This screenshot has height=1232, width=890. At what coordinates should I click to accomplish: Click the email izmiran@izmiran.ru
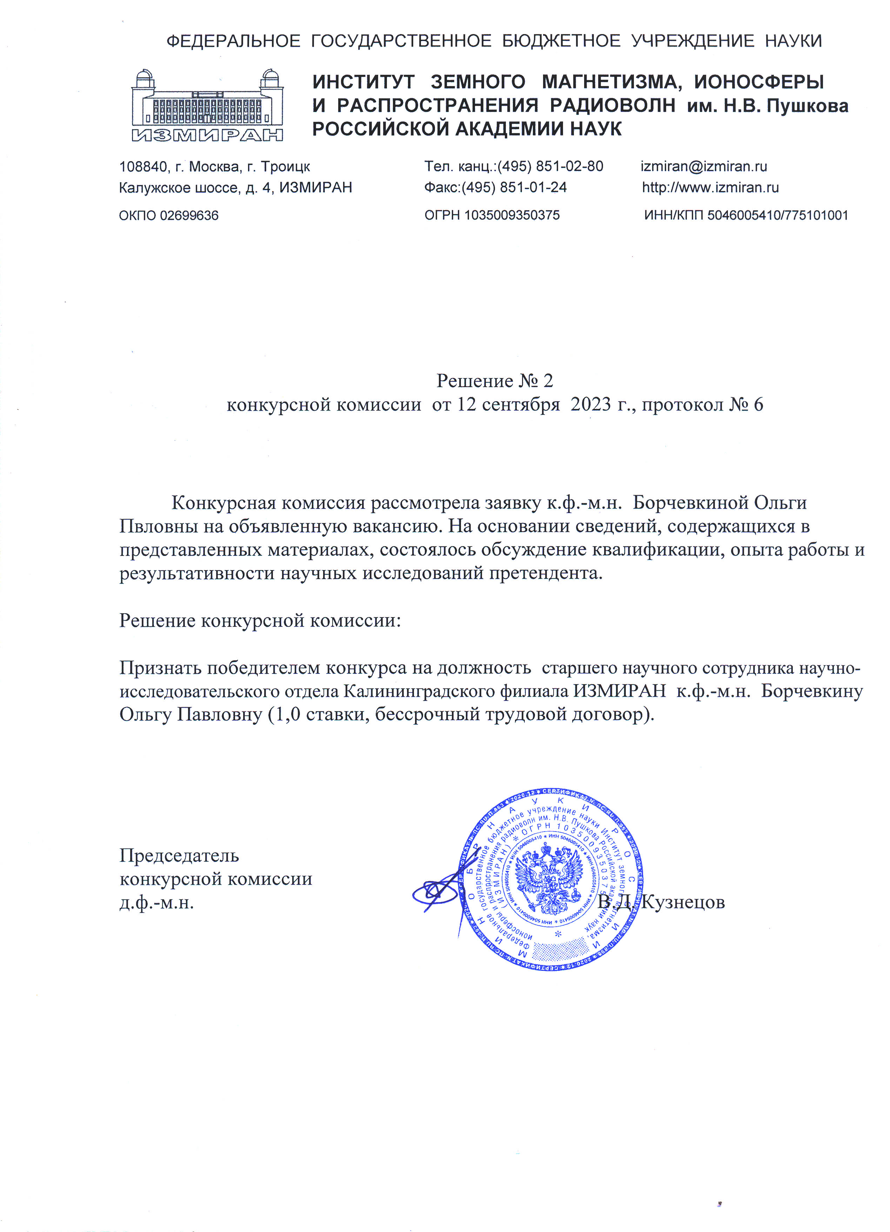[704, 166]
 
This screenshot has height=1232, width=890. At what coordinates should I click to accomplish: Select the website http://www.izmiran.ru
[710, 188]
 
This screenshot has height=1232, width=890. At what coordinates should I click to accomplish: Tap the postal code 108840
[143, 167]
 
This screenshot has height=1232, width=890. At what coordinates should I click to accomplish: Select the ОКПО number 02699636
[189, 216]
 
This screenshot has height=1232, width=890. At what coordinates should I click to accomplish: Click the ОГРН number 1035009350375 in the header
[511, 216]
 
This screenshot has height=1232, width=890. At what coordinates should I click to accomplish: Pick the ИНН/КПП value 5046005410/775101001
[777, 216]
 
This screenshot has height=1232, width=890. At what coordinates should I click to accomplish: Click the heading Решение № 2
[495, 381]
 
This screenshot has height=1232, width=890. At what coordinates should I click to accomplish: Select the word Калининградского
[456, 691]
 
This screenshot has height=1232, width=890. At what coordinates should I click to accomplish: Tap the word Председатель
[179, 856]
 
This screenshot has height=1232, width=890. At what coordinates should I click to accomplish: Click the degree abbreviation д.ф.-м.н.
[157, 902]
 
